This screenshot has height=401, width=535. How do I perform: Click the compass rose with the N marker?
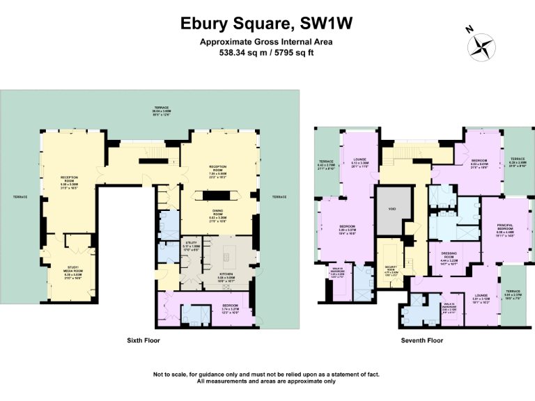pyautogui.click(x=479, y=45)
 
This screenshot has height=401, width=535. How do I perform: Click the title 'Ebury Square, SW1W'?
pyautogui.click(x=267, y=23)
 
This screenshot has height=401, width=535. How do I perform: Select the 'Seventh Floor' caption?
pyautogui.click(x=421, y=340)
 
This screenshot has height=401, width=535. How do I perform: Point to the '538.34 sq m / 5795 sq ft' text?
pyautogui.click(x=267, y=52)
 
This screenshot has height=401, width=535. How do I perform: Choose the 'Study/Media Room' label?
pyautogui.click(x=74, y=272)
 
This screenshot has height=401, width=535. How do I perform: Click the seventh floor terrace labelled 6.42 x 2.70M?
pyautogui.click(x=326, y=165)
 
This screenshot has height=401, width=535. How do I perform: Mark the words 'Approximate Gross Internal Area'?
pyautogui.click(x=267, y=42)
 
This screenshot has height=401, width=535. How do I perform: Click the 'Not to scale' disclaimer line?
pyautogui.click(x=267, y=375)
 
